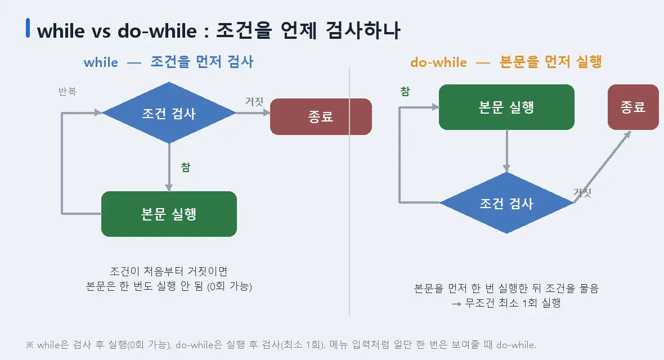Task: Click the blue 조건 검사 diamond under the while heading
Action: (x=169, y=112)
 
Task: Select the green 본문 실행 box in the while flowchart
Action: (x=169, y=214)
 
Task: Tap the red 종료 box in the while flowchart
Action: (x=321, y=116)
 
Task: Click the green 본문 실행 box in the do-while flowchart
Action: (x=506, y=107)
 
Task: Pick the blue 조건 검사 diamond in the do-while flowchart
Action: (x=506, y=203)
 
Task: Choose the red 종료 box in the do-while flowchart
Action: (x=633, y=107)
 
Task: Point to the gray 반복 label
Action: (x=68, y=92)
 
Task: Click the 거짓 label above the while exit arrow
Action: (x=254, y=102)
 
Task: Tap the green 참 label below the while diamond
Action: (x=186, y=167)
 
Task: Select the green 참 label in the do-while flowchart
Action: (x=405, y=92)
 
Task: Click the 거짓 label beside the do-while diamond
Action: (x=582, y=193)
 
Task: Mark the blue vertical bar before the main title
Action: (x=28, y=28)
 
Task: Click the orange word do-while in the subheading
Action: (x=439, y=62)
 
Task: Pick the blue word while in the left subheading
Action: (x=101, y=62)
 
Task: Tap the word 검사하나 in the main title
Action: (x=363, y=30)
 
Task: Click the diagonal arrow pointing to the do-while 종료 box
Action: (x=602, y=167)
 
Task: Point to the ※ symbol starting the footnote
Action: (x=30, y=345)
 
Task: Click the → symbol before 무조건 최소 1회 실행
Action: (x=456, y=304)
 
